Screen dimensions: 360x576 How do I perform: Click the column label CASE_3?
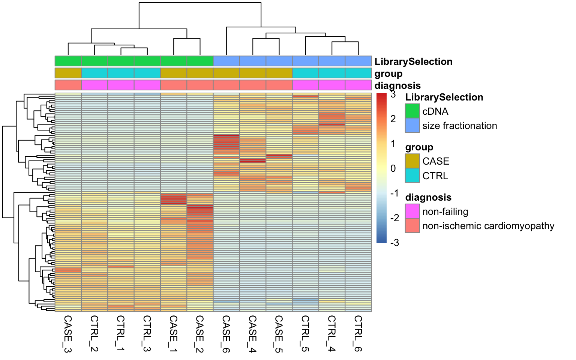coord(68,334)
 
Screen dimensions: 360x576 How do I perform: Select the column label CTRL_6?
coord(358,334)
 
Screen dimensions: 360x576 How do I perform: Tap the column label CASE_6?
coord(226,334)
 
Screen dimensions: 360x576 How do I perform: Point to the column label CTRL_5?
coord(305,334)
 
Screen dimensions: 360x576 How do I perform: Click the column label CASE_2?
coord(200,334)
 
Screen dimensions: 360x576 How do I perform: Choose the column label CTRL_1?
coord(121,334)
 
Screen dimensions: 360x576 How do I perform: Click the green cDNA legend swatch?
coord(412,111)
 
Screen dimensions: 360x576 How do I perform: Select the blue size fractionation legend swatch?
coord(412,126)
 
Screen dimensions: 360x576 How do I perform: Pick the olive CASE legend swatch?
coord(412,161)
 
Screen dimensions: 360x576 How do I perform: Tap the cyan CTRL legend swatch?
coord(412,175)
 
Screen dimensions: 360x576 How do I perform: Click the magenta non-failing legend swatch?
coord(412,211)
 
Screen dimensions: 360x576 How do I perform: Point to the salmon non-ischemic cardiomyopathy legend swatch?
coord(412,226)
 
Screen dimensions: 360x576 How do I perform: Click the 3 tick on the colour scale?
coord(393,94)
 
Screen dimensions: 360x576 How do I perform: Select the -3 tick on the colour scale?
coord(394,243)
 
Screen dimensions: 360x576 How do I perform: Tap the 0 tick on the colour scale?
coord(393,168)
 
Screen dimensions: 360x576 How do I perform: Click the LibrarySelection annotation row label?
coord(413,61)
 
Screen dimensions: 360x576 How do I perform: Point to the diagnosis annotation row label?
coord(397,85)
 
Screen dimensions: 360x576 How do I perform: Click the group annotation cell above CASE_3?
coord(68,73)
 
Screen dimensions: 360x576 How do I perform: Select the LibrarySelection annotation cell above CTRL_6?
coord(358,61)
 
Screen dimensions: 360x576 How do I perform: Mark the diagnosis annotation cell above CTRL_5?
coord(305,85)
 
